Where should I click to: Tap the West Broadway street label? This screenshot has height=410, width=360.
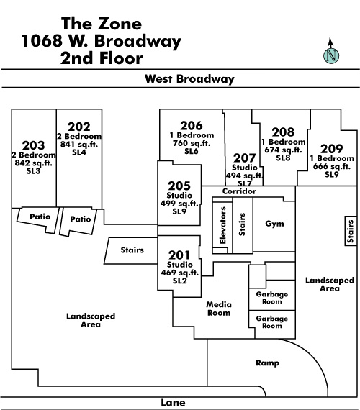tap(189, 78)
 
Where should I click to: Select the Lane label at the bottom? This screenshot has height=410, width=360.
tap(173, 403)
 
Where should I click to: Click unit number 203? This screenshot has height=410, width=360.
tap(34, 145)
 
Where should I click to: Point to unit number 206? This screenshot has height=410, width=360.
tap(192, 126)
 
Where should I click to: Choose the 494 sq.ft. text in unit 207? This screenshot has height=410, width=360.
tap(244, 176)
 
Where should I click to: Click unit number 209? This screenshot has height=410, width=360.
tap(332, 149)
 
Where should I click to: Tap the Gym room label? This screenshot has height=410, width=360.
tap(274, 224)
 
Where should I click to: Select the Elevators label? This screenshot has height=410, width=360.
tap(222, 225)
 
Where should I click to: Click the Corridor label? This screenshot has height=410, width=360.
tap(239, 191)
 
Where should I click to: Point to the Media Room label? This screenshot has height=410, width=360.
tap(219, 309)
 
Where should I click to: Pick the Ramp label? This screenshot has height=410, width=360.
tap(267, 363)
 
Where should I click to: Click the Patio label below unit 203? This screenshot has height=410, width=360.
tap(40, 217)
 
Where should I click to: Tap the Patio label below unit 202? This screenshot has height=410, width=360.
tap(81, 219)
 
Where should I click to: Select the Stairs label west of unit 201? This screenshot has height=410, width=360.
tap(132, 250)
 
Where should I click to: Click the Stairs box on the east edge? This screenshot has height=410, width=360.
tap(351, 231)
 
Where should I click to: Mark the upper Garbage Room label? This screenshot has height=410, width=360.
tap(272, 298)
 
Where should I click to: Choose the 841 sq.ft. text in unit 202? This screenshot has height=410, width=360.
tap(79, 144)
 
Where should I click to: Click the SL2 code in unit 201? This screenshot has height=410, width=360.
tap(180, 281)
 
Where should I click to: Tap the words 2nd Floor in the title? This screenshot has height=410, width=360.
tap(102, 58)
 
